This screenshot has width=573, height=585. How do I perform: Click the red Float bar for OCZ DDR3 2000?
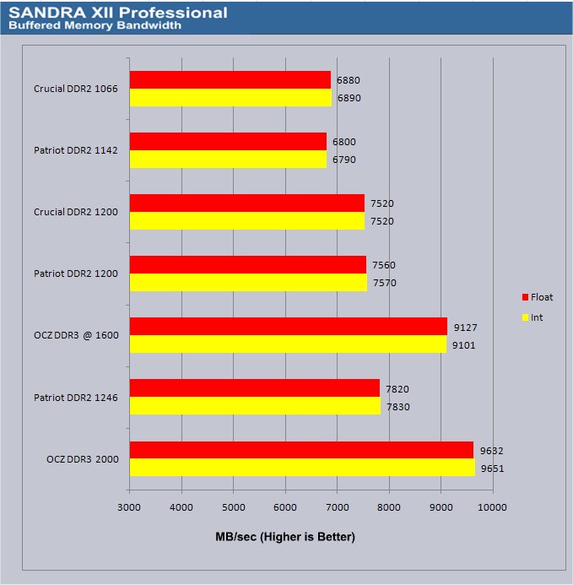click(301, 450)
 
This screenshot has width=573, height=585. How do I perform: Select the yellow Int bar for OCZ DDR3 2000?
click(302, 468)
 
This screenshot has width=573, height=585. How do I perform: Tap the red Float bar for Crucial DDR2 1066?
click(230, 79)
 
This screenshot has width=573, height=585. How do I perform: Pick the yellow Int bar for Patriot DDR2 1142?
click(228, 159)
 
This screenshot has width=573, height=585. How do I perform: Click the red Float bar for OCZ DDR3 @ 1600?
click(288, 326)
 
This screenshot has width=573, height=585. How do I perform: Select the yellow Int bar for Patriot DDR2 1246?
click(255, 406)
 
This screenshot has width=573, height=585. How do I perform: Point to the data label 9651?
click(491, 468)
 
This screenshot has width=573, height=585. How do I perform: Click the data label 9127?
click(463, 327)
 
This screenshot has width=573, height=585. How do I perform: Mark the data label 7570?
click(383, 283)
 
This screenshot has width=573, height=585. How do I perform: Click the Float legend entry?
click(538, 297)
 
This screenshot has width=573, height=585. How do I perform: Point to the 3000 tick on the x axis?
click(129, 506)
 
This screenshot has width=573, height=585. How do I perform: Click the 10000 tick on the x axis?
click(492, 506)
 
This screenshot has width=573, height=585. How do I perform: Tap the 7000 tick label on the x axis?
click(337, 506)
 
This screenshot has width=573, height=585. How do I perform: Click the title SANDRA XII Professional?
click(117, 13)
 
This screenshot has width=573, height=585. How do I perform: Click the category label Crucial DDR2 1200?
click(76, 212)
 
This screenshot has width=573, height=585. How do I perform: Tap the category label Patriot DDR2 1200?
click(76, 274)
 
